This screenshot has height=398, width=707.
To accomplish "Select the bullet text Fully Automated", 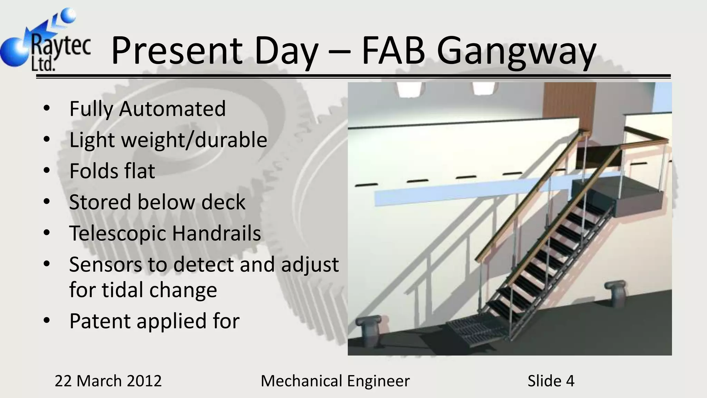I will [x=147, y=109].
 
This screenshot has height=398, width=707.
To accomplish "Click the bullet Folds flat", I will [x=112, y=171].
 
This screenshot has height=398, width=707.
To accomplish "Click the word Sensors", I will [x=105, y=265].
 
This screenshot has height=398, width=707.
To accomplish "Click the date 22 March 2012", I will [x=108, y=381].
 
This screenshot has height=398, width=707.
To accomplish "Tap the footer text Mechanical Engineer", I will [x=335, y=381].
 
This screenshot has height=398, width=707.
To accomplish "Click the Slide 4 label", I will [x=551, y=381].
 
